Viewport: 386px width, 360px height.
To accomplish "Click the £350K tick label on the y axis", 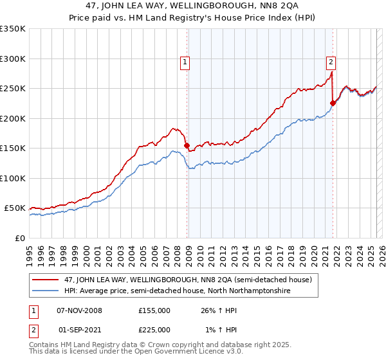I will pyautogui.click(x=13, y=29).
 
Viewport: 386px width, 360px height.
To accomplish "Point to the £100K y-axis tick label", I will pyautogui.click(x=13, y=178).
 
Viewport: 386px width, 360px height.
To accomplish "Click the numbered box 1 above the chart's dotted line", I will pyautogui.click(x=185, y=62).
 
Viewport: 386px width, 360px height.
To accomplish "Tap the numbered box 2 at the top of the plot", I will pyautogui.click(x=331, y=62).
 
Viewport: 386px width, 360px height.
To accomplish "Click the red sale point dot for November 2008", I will pyautogui.click(x=187, y=146).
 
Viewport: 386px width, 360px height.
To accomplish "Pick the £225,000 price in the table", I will pyautogui.click(x=154, y=329).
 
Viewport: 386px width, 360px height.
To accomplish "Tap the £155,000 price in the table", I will pyautogui.click(x=154, y=310).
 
